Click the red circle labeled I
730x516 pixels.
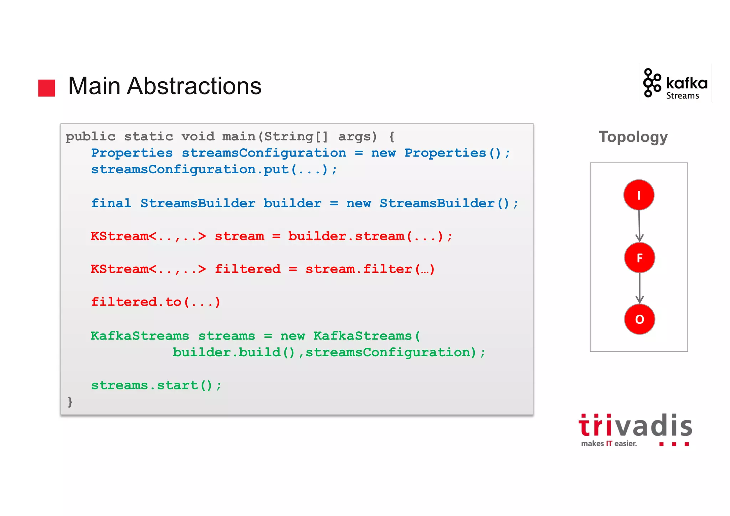point(638,195)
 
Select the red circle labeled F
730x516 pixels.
point(639,257)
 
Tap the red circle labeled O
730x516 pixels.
point(639,319)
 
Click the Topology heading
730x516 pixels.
point(633,137)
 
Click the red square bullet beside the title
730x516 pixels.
point(47,88)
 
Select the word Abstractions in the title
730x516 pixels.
point(194,86)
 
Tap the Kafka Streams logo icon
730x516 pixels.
point(652,83)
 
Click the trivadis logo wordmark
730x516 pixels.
point(635,426)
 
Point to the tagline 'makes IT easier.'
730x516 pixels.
point(608,444)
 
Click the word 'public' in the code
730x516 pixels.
point(91,137)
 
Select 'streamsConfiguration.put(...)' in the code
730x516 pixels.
point(214,169)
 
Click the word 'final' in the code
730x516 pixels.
point(111,203)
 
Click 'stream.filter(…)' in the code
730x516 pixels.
point(370,269)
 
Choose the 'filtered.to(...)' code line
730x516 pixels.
point(156,302)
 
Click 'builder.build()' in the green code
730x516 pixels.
point(234,352)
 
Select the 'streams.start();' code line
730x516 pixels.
point(156,385)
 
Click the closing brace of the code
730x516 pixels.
point(70,402)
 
